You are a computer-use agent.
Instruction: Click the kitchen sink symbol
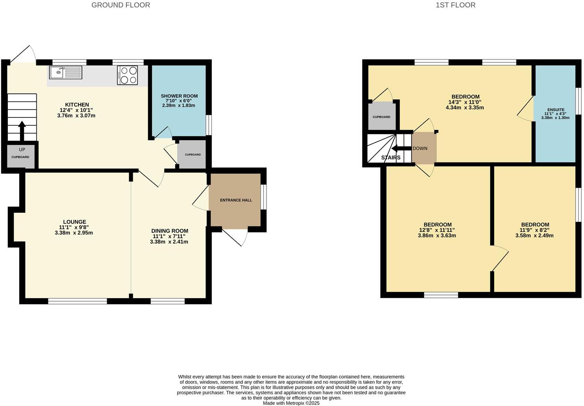[x=66, y=72]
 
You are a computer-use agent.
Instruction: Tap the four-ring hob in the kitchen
[x=127, y=75]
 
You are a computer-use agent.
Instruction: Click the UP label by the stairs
[x=22, y=150]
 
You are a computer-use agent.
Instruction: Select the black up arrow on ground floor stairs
[x=22, y=130]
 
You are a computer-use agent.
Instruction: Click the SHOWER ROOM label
[x=179, y=96]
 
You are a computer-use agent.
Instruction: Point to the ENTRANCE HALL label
[x=236, y=200]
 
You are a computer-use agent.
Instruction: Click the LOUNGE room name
[x=75, y=222]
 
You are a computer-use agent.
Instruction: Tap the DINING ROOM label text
[x=169, y=231]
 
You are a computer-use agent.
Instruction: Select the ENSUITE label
[x=556, y=110]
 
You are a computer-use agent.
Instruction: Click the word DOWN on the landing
[x=420, y=148]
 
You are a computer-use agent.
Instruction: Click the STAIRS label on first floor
[x=391, y=158]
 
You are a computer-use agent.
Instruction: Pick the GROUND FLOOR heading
[x=121, y=5]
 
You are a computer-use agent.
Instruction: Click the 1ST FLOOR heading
[x=456, y=5]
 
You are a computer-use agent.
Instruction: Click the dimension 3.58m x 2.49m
[x=534, y=235]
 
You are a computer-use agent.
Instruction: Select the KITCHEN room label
[x=77, y=105]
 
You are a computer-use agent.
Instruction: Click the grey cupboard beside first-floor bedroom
[x=381, y=116]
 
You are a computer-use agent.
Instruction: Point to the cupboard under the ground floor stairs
[x=20, y=157]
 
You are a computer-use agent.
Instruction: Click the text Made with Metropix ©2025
[x=291, y=403]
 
